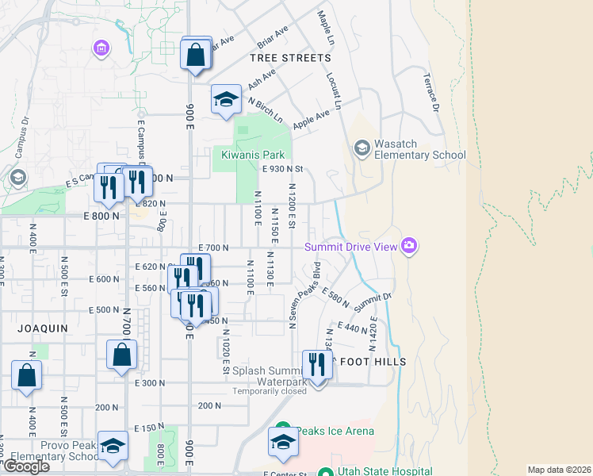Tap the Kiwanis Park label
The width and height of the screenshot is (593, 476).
click(x=251, y=155)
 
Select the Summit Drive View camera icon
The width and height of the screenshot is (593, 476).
click(x=409, y=246)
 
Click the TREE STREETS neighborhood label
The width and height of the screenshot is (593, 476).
click(x=289, y=58)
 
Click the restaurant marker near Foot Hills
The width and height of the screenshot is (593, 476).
click(x=317, y=365)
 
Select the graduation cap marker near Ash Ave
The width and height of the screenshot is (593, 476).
click(x=226, y=100)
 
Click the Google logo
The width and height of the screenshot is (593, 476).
click(x=26, y=466)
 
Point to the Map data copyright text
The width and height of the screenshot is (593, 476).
click(x=560, y=470)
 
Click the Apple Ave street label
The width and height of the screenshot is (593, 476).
click(x=311, y=120)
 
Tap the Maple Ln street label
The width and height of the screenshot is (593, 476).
click(x=324, y=28)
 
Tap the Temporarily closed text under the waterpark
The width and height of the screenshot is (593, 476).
click(x=270, y=391)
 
